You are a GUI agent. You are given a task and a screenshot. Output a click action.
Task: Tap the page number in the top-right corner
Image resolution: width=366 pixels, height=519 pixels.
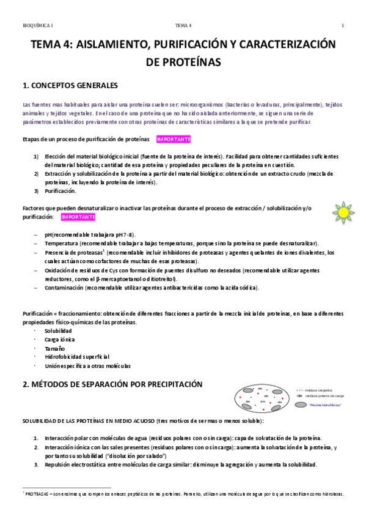(x=343, y=25)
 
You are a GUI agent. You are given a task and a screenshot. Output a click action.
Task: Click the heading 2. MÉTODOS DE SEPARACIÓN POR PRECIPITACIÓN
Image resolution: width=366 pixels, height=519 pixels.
(x=112, y=385)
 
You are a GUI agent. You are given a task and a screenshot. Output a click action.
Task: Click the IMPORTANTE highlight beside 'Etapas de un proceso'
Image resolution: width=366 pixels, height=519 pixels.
(x=174, y=139)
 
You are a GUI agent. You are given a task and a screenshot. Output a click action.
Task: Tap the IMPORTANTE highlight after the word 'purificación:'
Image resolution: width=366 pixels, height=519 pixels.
(x=78, y=217)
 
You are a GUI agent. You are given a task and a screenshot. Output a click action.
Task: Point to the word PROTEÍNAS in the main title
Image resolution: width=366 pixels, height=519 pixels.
(x=183, y=62)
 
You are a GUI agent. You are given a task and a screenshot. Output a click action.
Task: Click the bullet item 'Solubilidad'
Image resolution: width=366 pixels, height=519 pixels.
(x=59, y=330)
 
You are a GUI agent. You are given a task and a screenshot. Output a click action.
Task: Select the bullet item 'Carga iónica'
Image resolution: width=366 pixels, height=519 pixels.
(x=60, y=339)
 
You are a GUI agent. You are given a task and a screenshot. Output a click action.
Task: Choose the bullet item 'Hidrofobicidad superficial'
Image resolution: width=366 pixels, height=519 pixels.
(x=77, y=357)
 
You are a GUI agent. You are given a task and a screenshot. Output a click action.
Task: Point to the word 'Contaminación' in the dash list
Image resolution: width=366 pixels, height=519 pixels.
(x=65, y=287)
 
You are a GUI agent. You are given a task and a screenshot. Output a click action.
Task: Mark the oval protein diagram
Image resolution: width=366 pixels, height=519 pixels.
(x=263, y=401)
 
